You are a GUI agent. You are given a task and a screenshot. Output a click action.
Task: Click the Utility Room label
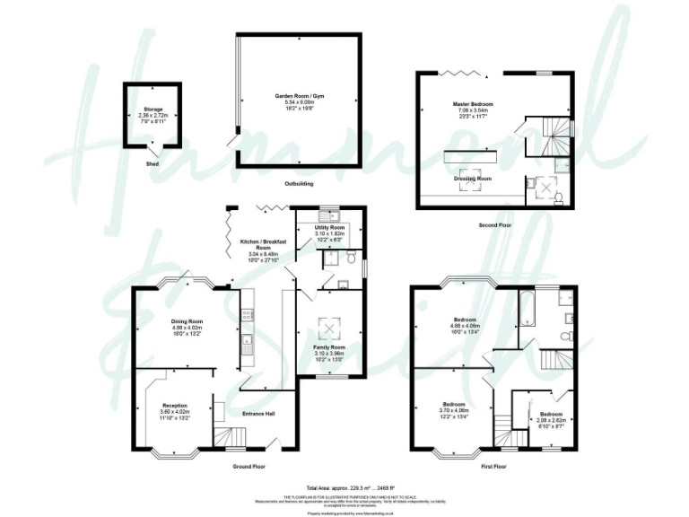point(329,228)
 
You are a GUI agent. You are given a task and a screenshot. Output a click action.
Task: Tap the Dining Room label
point(188,320)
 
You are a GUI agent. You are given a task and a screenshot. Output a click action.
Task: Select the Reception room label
point(174,405)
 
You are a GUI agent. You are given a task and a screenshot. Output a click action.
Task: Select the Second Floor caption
point(494,225)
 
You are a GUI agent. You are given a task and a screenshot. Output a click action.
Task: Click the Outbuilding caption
point(298,184)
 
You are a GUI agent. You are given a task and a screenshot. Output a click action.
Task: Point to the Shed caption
point(151,164)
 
